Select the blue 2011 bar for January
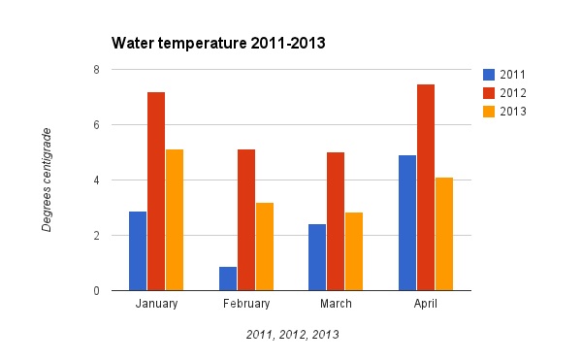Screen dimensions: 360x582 [x=138, y=250]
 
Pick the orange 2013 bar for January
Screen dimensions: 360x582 [x=175, y=219]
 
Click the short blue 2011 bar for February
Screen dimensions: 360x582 [x=228, y=278]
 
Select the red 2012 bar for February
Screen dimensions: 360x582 [x=246, y=219]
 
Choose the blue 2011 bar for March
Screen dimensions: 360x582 [x=317, y=257]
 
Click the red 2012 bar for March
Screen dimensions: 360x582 [x=336, y=221]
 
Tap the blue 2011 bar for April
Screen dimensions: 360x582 [x=407, y=222]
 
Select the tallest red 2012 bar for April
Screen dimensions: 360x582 [x=426, y=187]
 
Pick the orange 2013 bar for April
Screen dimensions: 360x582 [x=444, y=234]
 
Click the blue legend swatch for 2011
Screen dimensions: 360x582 [x=489, y=75]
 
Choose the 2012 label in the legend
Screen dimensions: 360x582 [x=512, y=93]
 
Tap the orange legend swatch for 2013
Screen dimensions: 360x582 [x=489, y=112]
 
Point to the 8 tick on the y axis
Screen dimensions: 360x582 [x=96, y=70]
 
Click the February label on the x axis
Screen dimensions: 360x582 [x=246, y=305]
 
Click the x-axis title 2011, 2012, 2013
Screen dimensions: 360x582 [x=292, y=335]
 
